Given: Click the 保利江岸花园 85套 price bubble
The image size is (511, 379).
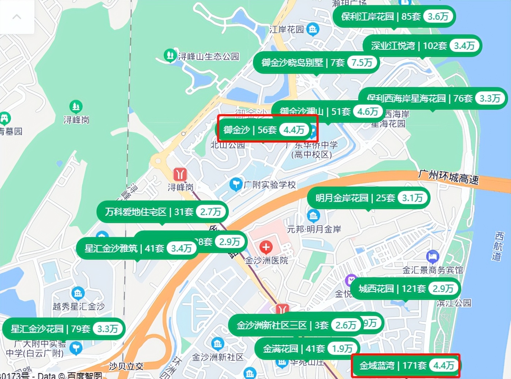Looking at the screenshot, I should click(x=394, y=16).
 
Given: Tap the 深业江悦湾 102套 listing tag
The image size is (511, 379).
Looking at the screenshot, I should click(x=422, y=46).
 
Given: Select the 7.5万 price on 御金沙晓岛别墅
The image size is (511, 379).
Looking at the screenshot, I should click(x=362, y=63).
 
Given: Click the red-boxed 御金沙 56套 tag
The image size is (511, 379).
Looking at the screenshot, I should click(x=267, y=130).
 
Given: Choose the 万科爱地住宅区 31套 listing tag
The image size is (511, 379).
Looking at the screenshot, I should click(x=162, y=211).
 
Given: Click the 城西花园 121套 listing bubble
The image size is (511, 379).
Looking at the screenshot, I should click(x=405, y=289).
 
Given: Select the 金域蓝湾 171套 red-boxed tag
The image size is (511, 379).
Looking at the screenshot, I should click(x=405, y=365).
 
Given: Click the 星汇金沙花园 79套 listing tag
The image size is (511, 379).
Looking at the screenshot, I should click(x=64, y=329).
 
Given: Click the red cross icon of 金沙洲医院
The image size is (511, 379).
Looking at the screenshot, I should click(x=266, y=247).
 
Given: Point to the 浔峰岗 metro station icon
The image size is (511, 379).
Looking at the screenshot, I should click(x=180, y=175).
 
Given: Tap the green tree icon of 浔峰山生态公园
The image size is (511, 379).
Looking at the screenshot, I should click(x=170, y=55).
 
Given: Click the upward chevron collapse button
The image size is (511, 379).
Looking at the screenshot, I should click(x=17, y=17).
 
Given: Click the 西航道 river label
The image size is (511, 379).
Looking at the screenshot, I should click(x=498, y=246).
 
